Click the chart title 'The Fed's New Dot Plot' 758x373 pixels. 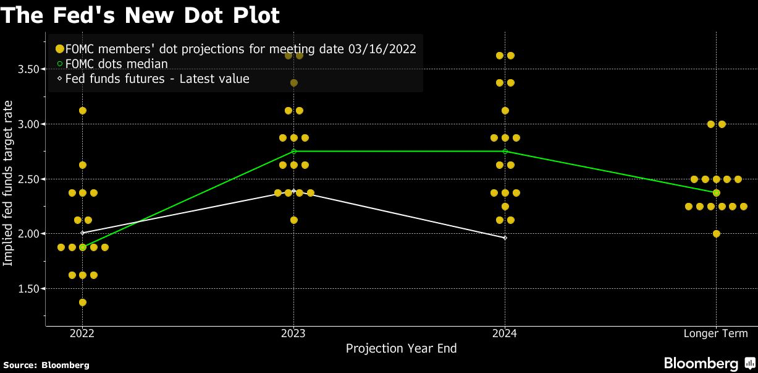pyautogui.click(x=140, y=15)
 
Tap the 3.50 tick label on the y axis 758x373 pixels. pyautogui.click(x=29, y=69)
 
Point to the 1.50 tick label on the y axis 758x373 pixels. pyautogui.click(x=29, y=289)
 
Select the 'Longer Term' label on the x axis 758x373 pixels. pyautogui.click(x=716, y=333)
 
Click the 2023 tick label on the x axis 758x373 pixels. pyautogui.click(x=293, y=333)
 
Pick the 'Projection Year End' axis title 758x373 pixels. pyautogui.click(x=401, y=348)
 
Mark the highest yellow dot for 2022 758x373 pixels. pyautogui.click(x=83, y=111)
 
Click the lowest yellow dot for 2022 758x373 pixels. pyautogui.click(x=83, y=302)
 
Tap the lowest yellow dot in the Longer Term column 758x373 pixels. pyautogui.click(x=716, y=234)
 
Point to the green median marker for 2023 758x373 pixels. pyautogui.click(x=293, y=152)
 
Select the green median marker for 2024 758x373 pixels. pyautogui.click(x=505, y=152)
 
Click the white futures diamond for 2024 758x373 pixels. pyautogui.click(x=505, y=238)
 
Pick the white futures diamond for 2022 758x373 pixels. pyautogui.click(x=83, y=233)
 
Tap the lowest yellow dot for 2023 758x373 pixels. pyautogui.click(x=293, y=220)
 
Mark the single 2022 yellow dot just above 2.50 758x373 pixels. pyautogui.click(x=83, y=165)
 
